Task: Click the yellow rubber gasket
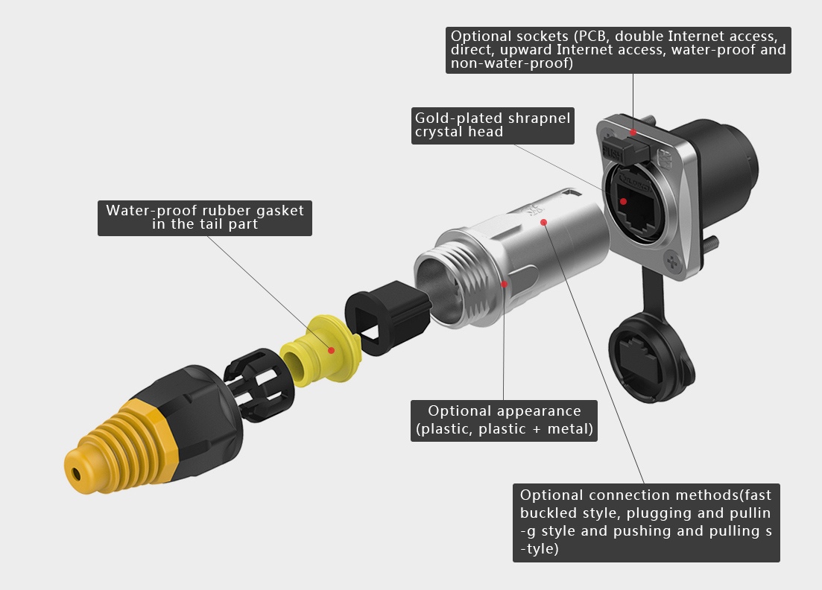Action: (x=320, y=351)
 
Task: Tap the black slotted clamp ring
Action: (x=259, y=384)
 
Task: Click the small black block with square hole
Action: (x=388, y=317)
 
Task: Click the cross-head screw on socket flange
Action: (x=671, y=261)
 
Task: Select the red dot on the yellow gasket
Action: (x=331, y=350)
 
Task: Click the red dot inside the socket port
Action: (x=623, y=201)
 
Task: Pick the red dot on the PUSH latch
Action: (x=633, y=132)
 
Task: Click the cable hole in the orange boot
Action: (x=77, y=475)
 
